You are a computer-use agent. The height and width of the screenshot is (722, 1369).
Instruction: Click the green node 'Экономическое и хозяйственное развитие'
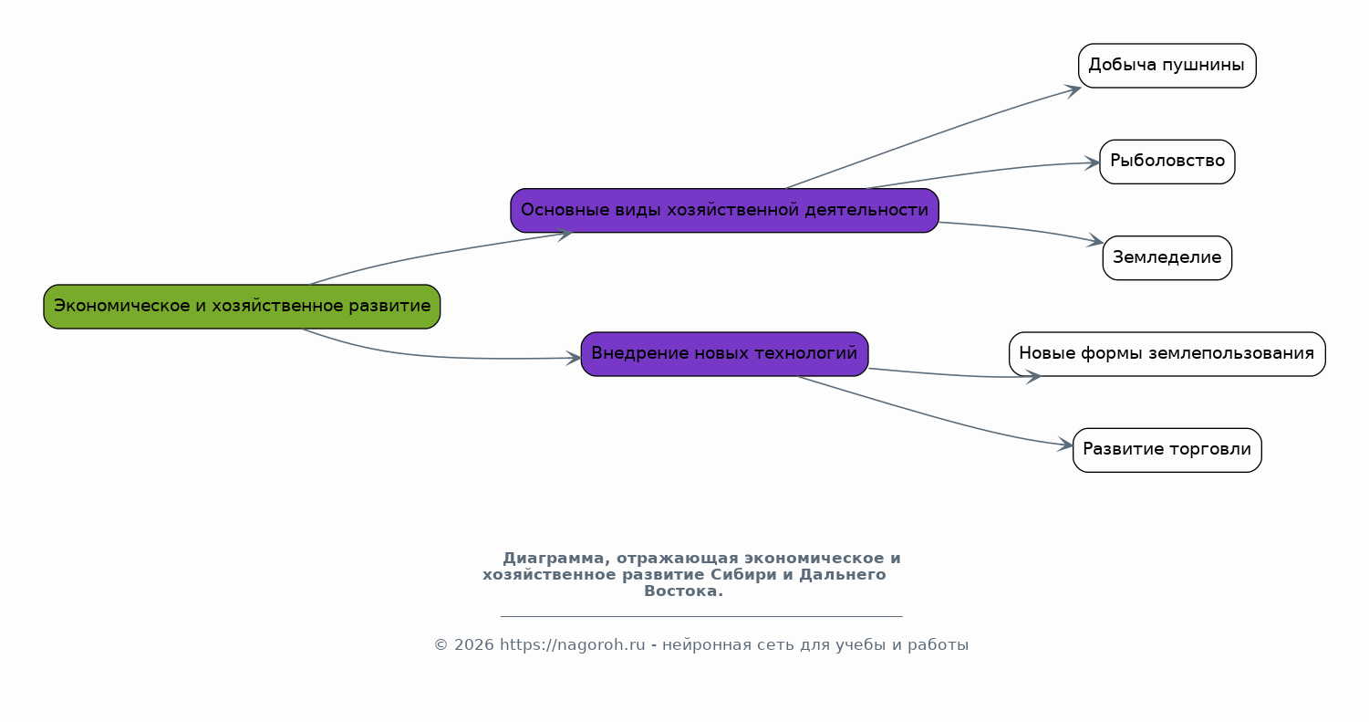click(242, 307)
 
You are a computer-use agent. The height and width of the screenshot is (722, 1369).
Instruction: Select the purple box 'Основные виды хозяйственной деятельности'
click(724, 211)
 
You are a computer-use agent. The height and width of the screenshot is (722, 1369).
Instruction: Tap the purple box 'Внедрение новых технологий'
click(724, 354)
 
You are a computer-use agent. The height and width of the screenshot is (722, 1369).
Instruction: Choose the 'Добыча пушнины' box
click(1167, 66)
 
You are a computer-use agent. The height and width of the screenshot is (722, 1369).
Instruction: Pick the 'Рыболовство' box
click(1167, 162)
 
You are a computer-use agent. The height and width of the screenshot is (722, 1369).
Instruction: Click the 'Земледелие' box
click(1167, 258)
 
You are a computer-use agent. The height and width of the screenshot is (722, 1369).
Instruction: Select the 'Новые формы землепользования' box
click(1167, 354)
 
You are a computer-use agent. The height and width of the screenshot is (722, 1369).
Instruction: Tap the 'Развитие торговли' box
click(1167, 450)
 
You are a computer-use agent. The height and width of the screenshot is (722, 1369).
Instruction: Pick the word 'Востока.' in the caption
click(683, 591)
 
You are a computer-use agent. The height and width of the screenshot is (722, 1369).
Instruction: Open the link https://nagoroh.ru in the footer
click(572, 645)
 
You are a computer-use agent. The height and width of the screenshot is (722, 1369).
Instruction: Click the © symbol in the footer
click(441, 645)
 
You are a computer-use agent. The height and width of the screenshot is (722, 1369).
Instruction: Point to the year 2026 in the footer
click(473, 645)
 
